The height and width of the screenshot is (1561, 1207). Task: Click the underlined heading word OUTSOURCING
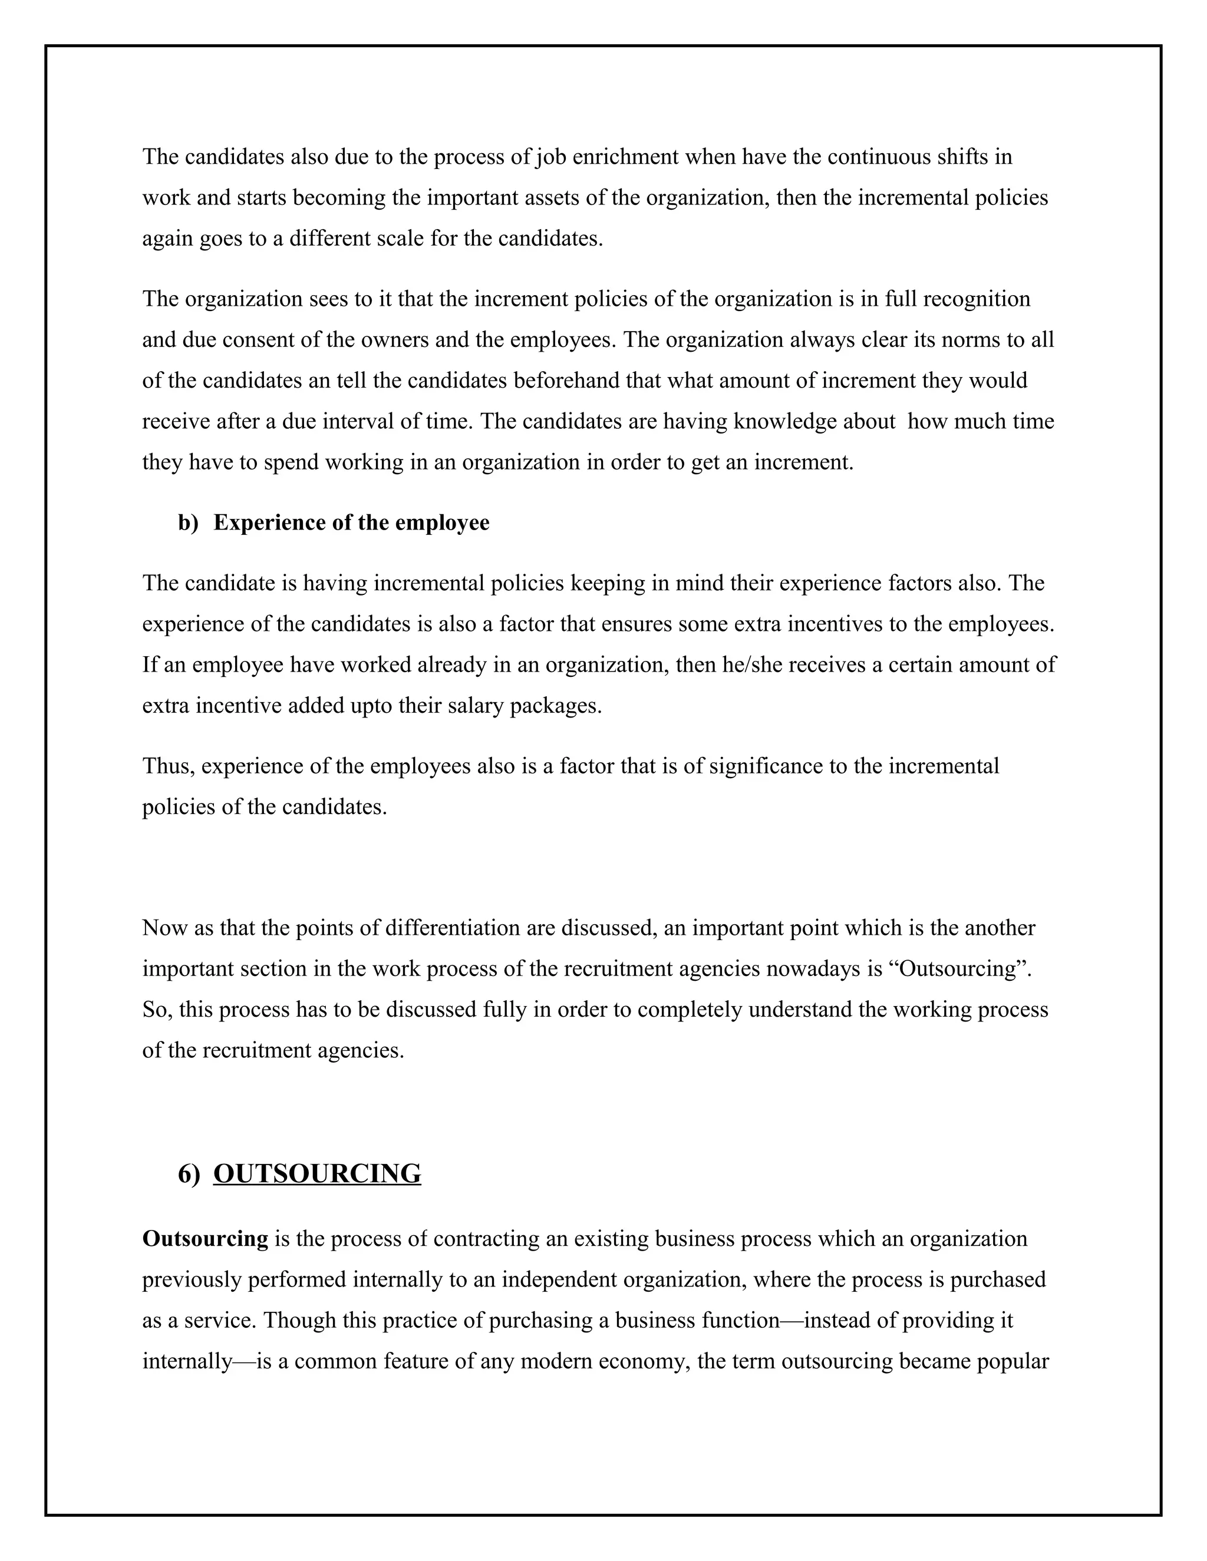click(x=316, y=1175)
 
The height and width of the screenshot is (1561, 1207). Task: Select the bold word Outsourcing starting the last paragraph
click(x=205, y=1239)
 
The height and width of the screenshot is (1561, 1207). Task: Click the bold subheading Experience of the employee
click(x=351, y=522)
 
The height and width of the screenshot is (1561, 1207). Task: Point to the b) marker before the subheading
click(x=188, y=522)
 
